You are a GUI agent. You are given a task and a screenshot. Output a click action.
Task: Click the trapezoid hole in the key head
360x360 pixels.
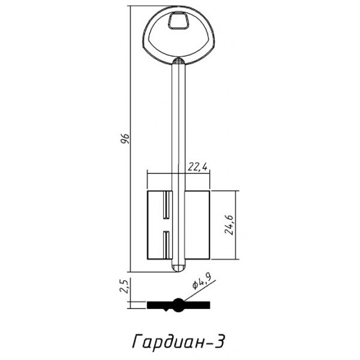pos(178,22)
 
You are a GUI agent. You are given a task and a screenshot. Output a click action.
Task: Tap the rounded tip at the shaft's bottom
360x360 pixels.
pos(179,266)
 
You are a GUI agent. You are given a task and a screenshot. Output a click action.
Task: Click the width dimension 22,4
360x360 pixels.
pos(197,167)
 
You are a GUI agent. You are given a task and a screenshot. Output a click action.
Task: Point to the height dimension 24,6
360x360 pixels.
pos(229,224)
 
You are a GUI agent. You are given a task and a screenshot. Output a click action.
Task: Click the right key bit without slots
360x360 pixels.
pos(197,225)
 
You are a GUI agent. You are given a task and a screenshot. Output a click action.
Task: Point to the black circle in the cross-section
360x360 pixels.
pos(179,304)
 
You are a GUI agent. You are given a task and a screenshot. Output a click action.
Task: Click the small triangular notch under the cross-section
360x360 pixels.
pos(179,311)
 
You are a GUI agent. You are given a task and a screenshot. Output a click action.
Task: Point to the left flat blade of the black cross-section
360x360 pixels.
pos(161,304)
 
